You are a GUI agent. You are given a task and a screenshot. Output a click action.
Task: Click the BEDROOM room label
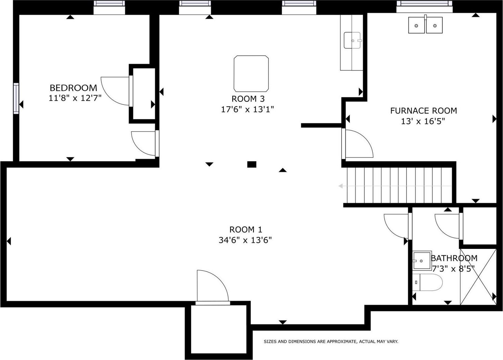pyautogui.click(x=73, y=88)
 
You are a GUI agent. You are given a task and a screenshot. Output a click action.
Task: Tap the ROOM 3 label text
pyautogui.click(x=248, y=99)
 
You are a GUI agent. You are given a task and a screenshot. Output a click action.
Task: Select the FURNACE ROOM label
pyautogui.click(x=424, y=110)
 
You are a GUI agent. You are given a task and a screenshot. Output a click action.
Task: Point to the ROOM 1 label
pyautogui.click(x=246, y=229)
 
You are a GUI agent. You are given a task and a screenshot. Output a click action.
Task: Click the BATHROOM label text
pyautogui.click(x=454, y=258)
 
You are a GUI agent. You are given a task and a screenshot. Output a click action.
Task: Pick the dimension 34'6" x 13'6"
pyautogui.click(x=245, y=240)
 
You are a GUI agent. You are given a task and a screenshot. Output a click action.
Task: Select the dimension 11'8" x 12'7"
pyautogui.click(x=75, y=98)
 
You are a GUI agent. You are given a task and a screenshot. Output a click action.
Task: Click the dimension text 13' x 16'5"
pyautogui.click(x=423, y=121)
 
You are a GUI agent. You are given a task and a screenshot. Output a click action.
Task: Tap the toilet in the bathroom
pyautogui.click(x=427, y=282)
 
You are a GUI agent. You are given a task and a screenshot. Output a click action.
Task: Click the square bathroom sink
pyautogui.click(x=422, y=260)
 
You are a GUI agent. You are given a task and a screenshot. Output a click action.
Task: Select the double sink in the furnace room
pyautogui.click(x=425, y=25)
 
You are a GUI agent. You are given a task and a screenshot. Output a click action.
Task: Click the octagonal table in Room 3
pyautogui.click(x=251, y=74)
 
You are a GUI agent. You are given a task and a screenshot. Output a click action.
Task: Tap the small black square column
pyautogui.click(x=252, y=165)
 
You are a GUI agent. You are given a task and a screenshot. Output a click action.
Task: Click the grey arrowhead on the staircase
pyautogui.click(x=341, y=186)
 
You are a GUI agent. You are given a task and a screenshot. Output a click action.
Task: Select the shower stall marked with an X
pyautogui.click(x=478, y=277)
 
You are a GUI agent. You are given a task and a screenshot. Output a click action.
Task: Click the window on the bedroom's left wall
pyautogui.click(x=16, y=98)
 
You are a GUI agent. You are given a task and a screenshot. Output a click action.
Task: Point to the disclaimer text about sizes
pyautogui.click(x=331, y=341)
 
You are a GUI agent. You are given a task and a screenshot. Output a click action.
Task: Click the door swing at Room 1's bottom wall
pyautogui.click(x=213, y=285)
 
